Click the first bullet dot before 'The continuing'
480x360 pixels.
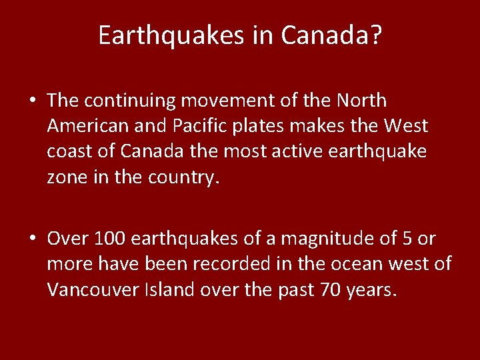(32, 101)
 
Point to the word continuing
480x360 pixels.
(129, 101)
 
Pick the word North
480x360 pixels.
(362, 101)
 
